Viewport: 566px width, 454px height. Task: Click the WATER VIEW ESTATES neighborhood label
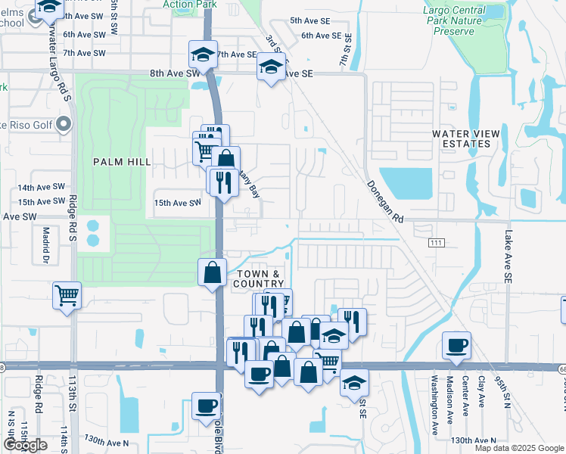(465, 138)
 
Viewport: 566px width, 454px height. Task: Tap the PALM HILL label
(122, 162)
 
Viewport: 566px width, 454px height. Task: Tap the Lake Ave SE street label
(508, 257)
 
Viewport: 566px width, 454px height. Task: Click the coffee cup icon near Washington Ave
(457, 346)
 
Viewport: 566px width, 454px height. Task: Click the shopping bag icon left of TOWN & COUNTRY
(213, 272)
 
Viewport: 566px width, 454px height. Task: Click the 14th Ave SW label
(40, 188)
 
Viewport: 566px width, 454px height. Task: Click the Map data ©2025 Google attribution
(518, 448)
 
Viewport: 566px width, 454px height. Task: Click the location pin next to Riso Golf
(64, 123)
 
